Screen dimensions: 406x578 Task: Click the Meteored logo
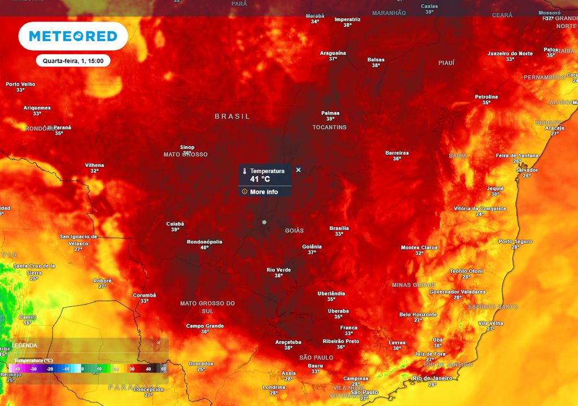coord(73,36)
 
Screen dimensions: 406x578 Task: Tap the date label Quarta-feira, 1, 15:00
coord(73,60)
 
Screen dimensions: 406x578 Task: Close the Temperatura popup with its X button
coord(299,170)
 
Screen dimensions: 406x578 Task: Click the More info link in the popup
coord(264,192)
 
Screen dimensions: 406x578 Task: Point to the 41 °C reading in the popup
coord(260,179)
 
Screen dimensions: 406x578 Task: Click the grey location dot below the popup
coord(264,222)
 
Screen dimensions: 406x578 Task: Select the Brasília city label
coord(339,228)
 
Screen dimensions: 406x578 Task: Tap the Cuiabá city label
coord(175,224)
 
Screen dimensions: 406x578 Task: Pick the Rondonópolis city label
coord(204,242)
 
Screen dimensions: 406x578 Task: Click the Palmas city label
coord(330,113)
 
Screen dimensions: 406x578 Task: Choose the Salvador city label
coord(527,170)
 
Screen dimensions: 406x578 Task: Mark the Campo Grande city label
coord(205,326)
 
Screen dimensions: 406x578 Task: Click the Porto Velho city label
coord(20,84)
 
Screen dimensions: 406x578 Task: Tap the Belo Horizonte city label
coord(418,315)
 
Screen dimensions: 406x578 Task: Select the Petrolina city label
coord(486,97)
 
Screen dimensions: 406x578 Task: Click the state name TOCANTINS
coord(329,127)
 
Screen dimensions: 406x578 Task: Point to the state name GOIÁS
coord(294,231)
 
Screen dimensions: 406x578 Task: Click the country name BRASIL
coord(232,116)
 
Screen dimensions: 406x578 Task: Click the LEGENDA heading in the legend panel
coord(24,345)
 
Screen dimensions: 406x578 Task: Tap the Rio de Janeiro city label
coord(433,378)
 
